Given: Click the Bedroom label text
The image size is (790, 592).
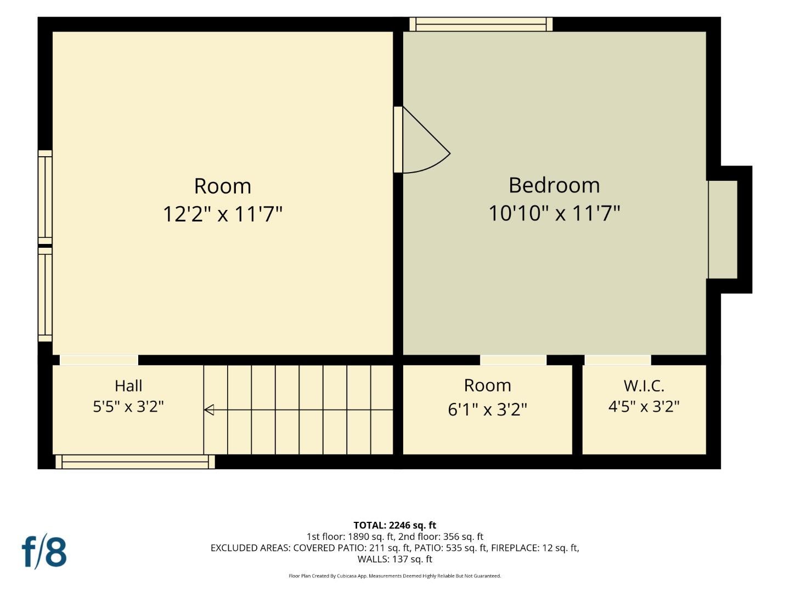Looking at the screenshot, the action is [554, 185].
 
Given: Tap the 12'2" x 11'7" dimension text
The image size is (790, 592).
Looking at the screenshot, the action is [222, 214].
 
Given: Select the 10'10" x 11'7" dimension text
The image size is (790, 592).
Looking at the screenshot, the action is [554, 213].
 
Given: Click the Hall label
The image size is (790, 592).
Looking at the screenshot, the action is [128, 386].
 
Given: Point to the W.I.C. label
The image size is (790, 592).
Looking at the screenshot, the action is [644, 386].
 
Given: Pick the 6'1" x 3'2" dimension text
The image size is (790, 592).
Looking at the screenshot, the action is [487, 409].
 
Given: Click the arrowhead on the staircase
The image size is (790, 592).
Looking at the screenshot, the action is [209, 410].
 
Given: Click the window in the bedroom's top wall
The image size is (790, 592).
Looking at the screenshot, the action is [481, 25].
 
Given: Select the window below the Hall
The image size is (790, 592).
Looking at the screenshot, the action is [135, 462].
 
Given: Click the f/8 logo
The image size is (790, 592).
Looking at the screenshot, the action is [44, 552].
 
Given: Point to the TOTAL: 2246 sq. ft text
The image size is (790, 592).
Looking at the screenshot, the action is [395, 526].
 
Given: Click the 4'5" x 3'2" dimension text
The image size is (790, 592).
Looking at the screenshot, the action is [644, 407].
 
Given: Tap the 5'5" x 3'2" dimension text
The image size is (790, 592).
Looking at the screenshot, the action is [128, 407].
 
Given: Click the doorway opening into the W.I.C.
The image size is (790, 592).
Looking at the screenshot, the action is [618, 360].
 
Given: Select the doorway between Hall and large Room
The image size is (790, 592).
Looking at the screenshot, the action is [99, 360].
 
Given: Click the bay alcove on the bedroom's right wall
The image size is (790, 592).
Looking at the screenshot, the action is [723, 230].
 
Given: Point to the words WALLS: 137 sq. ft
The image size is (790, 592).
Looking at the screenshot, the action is [395, 559].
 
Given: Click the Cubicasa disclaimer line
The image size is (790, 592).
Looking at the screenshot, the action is [395, 576].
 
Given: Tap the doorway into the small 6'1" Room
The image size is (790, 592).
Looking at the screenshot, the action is [513, 360].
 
